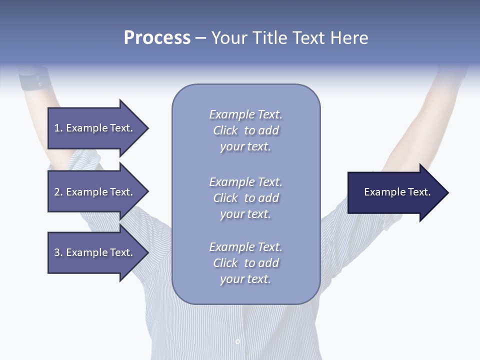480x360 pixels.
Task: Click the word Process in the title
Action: pos(157,38)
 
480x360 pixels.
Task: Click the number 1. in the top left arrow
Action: pos(58,128)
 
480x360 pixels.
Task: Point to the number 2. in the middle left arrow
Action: pos(58,192)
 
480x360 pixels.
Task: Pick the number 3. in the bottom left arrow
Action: pos(58,252)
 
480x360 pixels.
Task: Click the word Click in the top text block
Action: pos(225,130)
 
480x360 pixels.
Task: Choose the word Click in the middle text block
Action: pos(225,198)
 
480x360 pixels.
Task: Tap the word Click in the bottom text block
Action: pos(225,263)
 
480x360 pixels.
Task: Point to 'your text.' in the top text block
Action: pos(245,147)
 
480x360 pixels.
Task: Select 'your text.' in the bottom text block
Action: pos(245,279)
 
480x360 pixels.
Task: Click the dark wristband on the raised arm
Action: pos(35,80)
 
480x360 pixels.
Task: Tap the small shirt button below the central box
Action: pos(237,341)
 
